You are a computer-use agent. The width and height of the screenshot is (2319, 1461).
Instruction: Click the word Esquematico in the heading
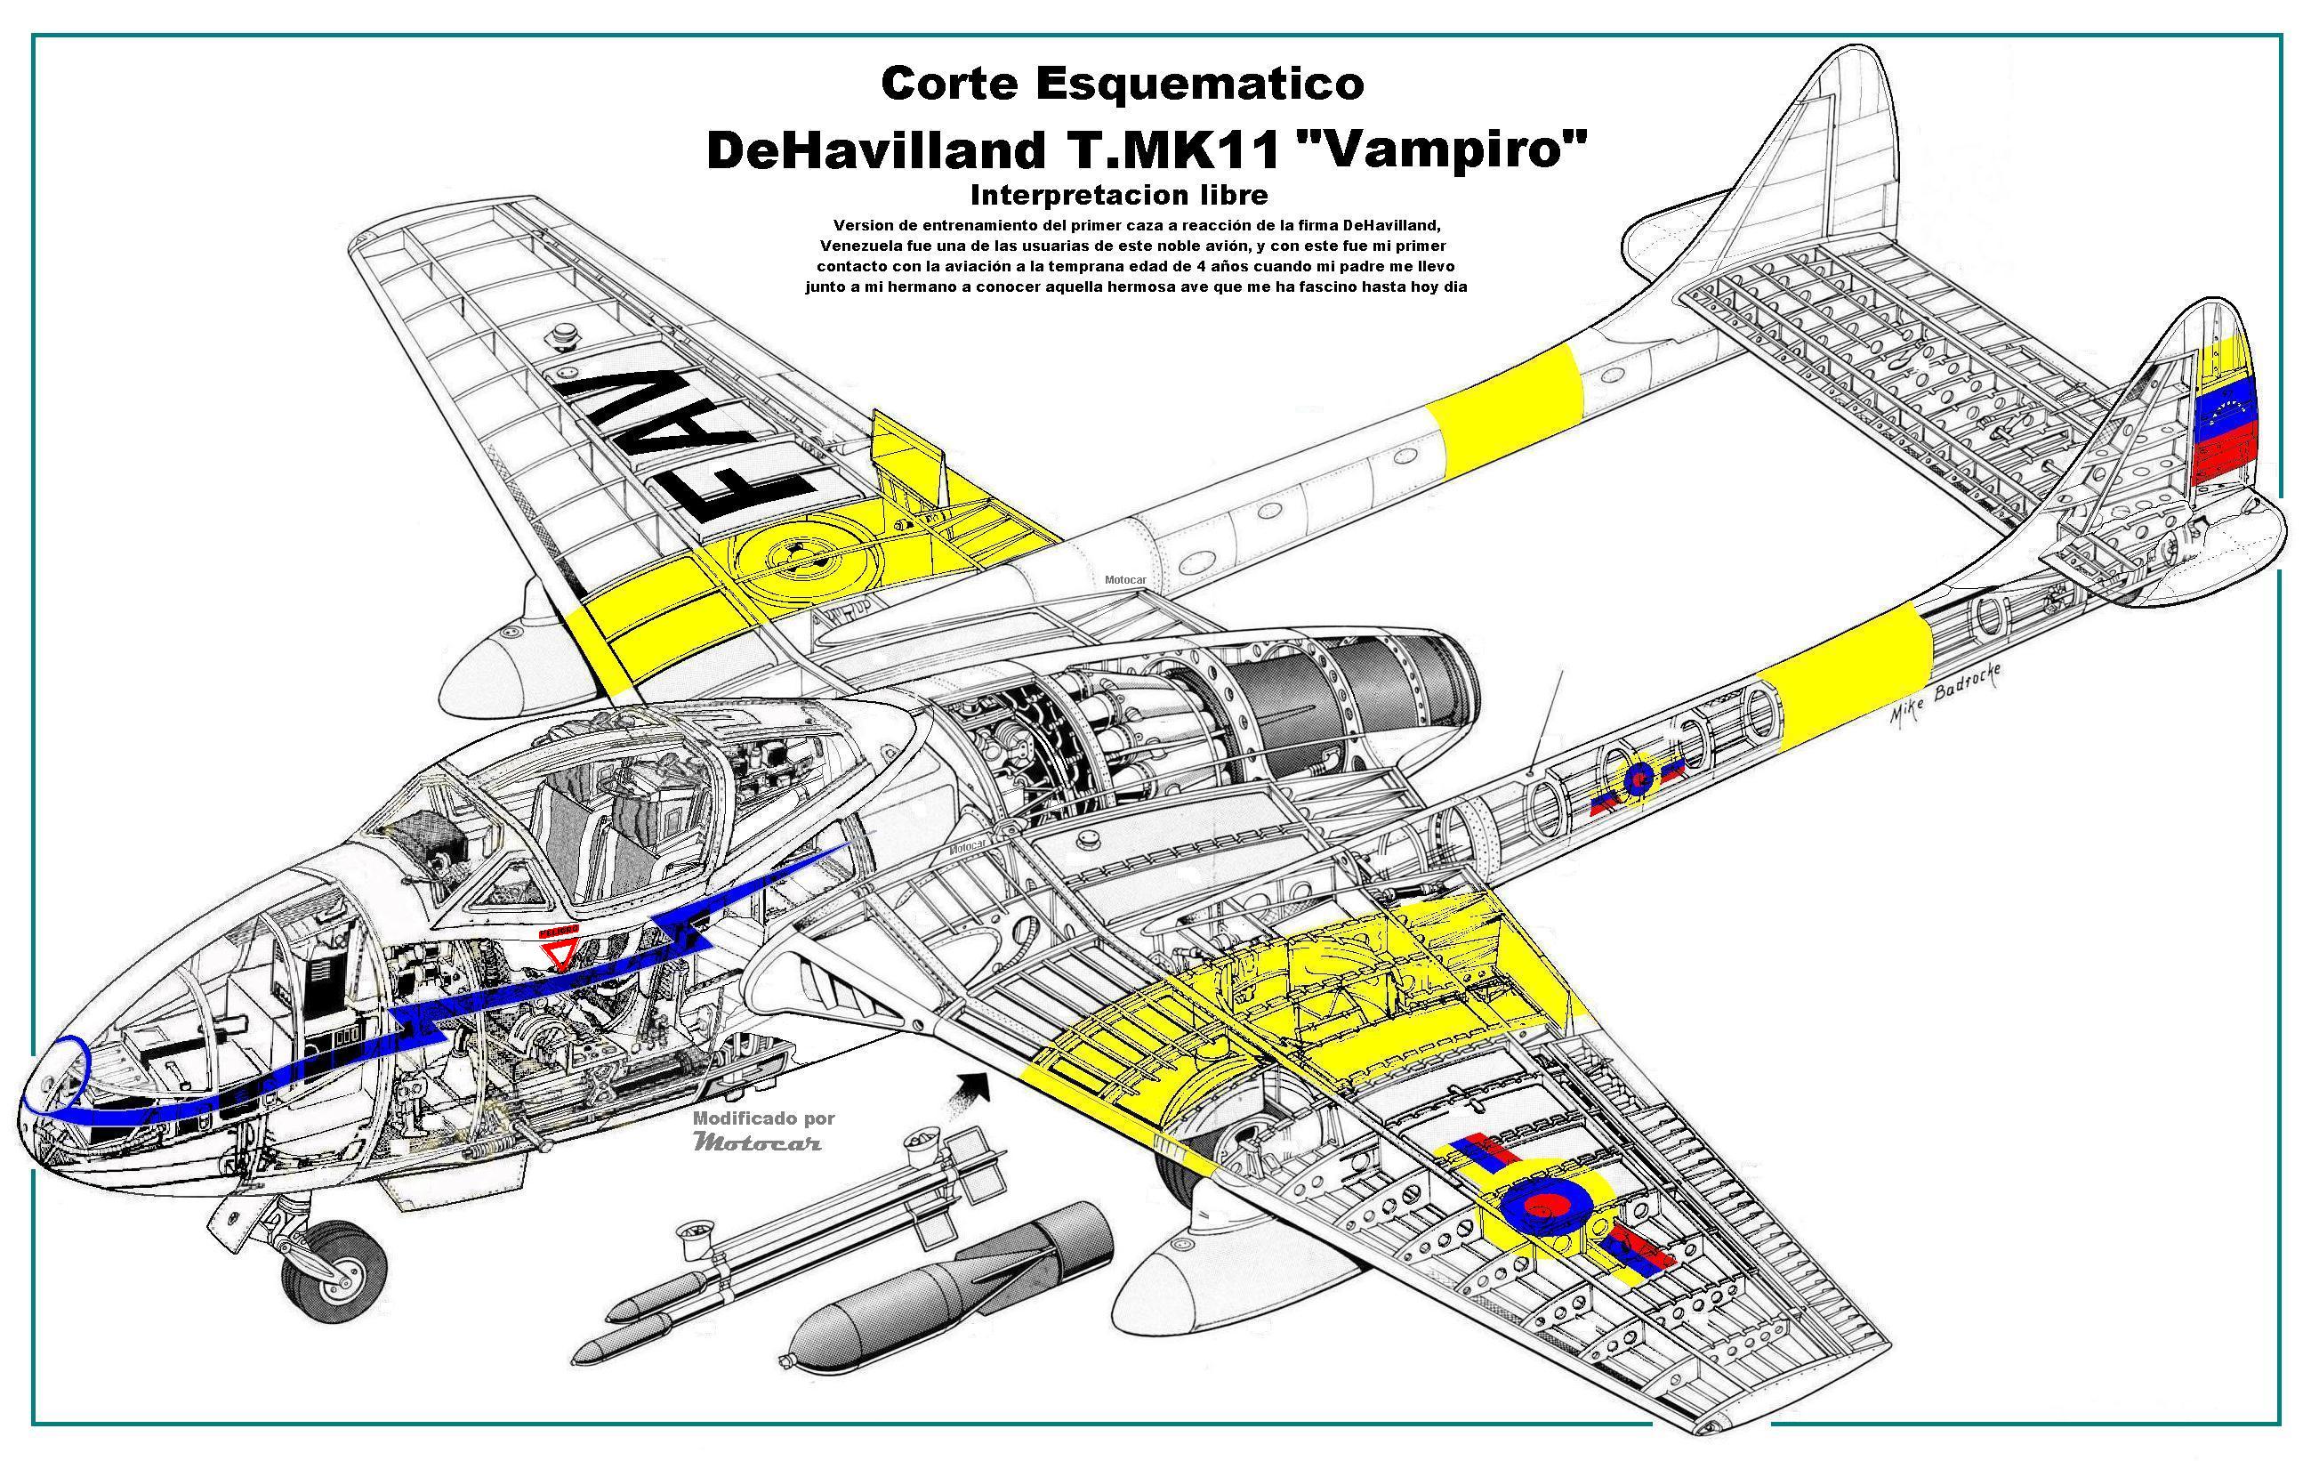point(1199,85)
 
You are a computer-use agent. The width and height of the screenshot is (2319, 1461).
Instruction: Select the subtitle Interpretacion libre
point(1118,195)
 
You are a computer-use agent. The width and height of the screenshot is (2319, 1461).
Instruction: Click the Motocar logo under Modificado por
point(757,1143)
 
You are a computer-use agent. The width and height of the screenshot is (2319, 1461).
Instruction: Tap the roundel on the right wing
point(1537,1207)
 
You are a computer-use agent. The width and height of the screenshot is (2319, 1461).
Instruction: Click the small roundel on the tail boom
point(1636,779)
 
